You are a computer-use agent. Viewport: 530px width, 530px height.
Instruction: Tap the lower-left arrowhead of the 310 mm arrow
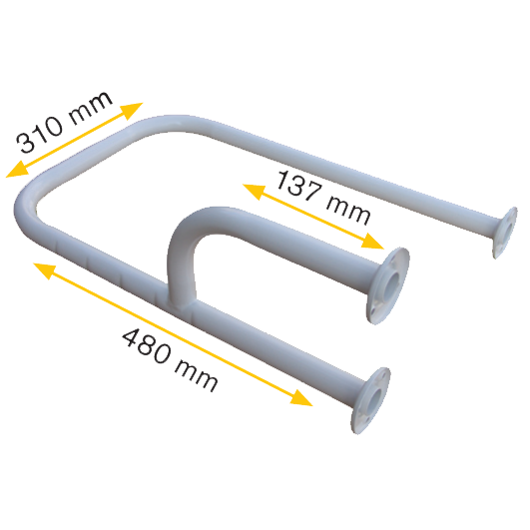pyautogui.click(x=18, y=170)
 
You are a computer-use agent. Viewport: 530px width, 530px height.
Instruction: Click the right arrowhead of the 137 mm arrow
pyautogui.click(x=373, y=242)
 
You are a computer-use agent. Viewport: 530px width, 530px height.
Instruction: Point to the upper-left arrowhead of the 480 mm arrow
pyautogui.click(x=45, y=269)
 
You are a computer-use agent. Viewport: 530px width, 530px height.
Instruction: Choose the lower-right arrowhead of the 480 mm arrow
pyautogui.click(x=301, y=398)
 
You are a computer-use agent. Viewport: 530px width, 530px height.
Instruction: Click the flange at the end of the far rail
pyautogui.click(x=505, y=233)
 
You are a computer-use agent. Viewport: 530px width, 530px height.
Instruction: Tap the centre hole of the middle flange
pyautogui.click(x=392, y=283)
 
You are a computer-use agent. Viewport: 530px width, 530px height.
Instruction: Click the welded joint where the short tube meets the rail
pyautogui.click(x=182, y=301)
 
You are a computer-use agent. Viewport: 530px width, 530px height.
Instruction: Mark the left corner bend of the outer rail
pyautogui.click(x=26, y=210)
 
